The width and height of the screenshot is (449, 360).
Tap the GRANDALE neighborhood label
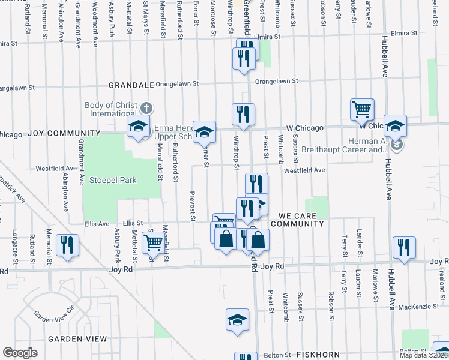(130, 85)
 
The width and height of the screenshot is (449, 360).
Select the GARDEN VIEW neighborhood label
(77, 339)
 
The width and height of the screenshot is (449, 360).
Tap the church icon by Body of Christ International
(146, 109)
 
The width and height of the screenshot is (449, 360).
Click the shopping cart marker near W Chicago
(362, 110)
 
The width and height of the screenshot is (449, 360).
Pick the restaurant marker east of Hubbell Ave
(404, 247)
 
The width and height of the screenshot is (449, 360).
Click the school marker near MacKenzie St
(237, 320)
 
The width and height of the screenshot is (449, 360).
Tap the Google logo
(20, 353)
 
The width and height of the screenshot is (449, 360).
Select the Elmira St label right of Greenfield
(268, 37)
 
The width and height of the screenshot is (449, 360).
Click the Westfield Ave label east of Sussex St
(304, 170)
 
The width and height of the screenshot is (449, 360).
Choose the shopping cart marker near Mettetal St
(153, 244)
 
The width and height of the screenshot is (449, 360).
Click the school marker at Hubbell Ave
(395, 127)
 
